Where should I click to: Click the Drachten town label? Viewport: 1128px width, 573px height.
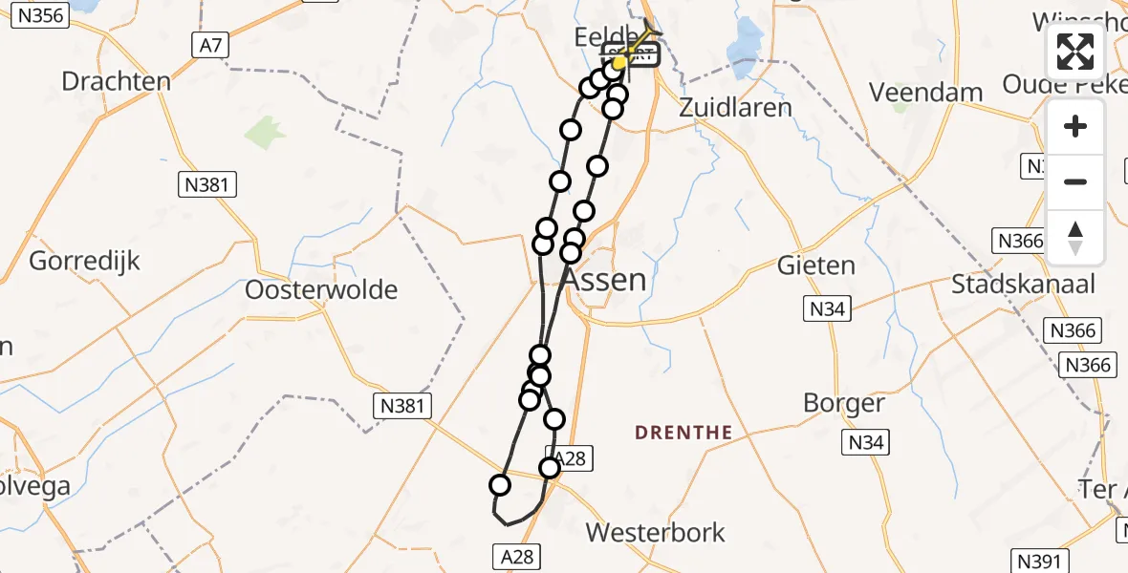tap(116, 80)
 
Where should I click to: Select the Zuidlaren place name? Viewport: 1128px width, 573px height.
tap(735, 106)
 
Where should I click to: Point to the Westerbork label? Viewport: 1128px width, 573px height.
tap(656, 532)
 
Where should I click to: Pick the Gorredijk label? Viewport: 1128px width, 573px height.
tap(85, 261)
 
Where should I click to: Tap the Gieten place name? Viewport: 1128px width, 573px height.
tap(815, 265)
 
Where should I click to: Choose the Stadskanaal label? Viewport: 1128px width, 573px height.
tap(1023, 284)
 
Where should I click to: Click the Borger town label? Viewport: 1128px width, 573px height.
tap(844, 402)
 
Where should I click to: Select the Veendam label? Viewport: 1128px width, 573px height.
tap(926, 93)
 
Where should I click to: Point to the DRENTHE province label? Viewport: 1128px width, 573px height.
tap(683, 433)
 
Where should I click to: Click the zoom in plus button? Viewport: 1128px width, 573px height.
tap(1075, 126)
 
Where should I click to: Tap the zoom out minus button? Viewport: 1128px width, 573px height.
tap(1075, 181)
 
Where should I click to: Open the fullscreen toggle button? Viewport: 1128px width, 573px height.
tap(1075, 52)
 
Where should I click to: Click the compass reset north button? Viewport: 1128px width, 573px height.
tap(1075, 238)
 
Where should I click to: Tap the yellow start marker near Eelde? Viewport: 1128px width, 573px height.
tap(619, 62)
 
